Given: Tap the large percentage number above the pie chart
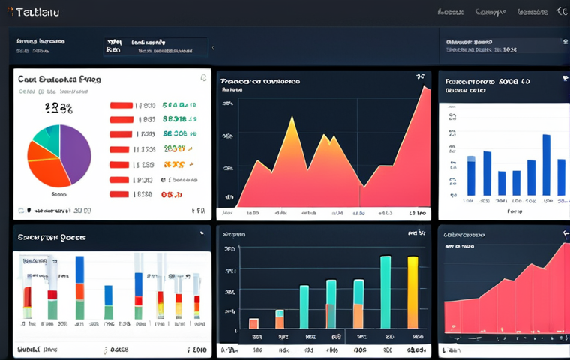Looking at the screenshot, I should tap(58, 109).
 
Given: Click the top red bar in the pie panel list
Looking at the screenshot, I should tap(121, 106).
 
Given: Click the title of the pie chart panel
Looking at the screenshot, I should tap(59, 79).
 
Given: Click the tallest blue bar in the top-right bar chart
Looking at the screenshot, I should tap(546, 164).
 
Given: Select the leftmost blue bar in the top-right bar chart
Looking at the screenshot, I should tap(471, 175).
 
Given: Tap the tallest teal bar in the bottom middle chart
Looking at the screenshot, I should tap(385, 292).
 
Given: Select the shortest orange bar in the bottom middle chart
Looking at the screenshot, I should tap(253, 323).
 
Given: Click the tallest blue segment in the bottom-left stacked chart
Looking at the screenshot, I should tap(79, 269).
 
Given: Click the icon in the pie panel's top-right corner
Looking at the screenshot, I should tap(203, 77).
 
